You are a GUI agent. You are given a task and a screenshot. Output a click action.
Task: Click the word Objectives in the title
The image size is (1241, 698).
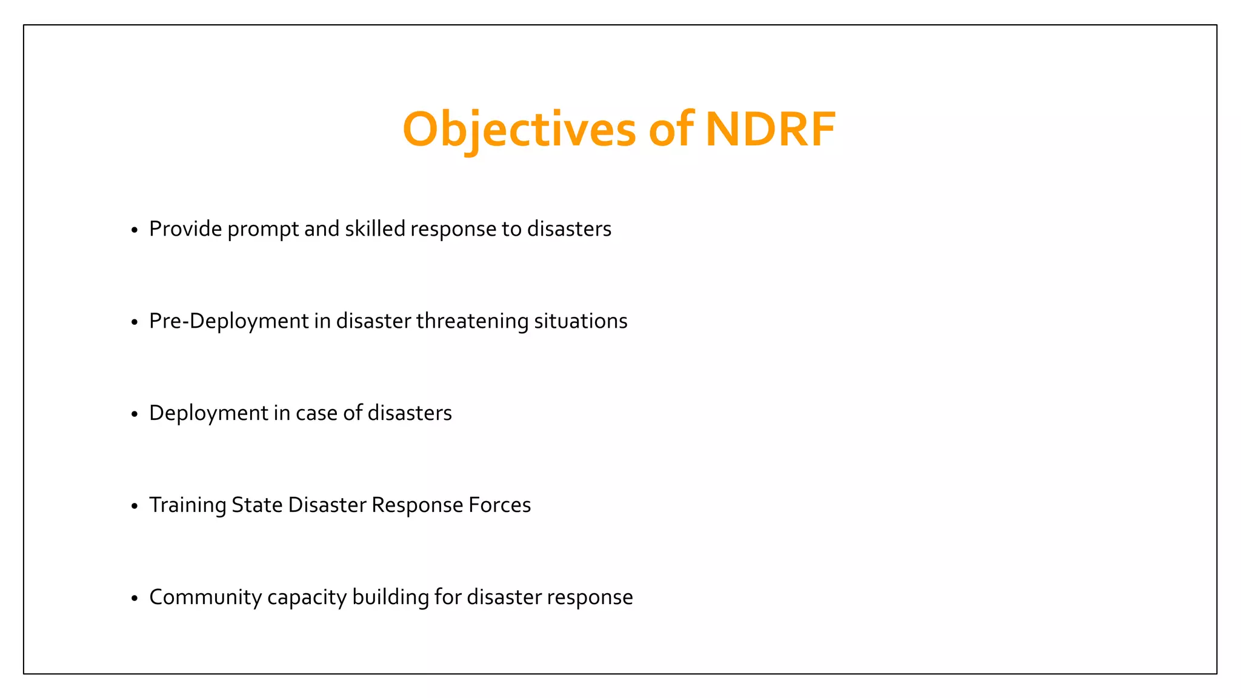point(519,129)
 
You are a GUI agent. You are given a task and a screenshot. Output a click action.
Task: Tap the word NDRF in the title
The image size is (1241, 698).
point(770,129)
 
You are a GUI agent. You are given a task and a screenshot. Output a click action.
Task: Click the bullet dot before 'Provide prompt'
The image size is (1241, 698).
point(135,231)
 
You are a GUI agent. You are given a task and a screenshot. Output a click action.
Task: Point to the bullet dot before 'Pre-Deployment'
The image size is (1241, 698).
point(135,323)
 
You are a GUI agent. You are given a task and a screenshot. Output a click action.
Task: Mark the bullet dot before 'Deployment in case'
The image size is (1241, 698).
point(135,415)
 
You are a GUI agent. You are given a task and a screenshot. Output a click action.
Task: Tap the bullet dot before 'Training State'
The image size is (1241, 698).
point(135,507)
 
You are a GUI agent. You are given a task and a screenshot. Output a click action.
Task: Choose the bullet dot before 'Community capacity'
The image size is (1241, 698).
point(135,599)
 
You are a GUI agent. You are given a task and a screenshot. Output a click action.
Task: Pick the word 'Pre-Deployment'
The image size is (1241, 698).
point(229,321)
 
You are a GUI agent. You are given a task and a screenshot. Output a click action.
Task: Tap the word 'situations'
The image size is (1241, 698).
point(581,321)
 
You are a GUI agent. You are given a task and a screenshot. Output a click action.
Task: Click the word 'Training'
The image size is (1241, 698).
point(187,505)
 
